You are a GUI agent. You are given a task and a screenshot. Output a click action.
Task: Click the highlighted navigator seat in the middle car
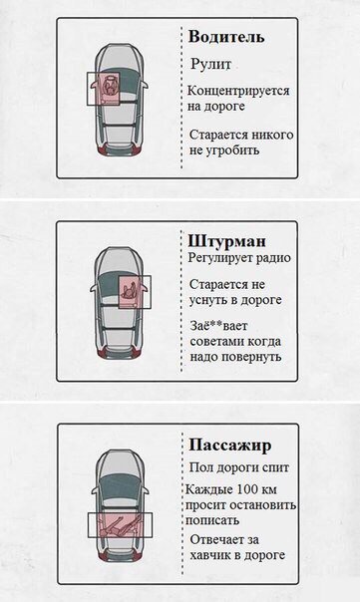[131, 292]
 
